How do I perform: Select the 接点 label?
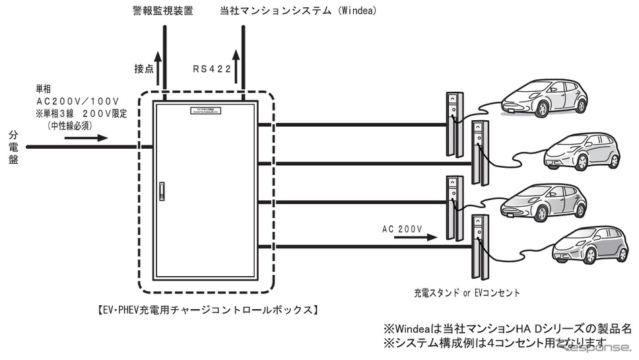click(145, 67)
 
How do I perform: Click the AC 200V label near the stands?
click(401, 229)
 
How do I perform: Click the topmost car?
click(543, 98)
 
